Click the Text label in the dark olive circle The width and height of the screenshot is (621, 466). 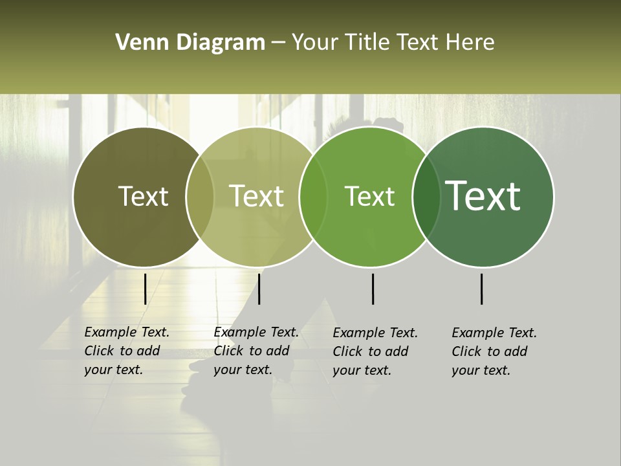pyautogui.click(x=143, y=196)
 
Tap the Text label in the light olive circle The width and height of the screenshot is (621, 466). pyautogui.click(x=257, y=196)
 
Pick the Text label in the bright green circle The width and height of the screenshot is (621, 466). pyautogui.click(x=370, y=196)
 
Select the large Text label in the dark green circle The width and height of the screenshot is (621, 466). pyautogui.click(x=483, y=196)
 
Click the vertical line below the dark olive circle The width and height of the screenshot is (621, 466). pyautogui.click(x=145, y=289)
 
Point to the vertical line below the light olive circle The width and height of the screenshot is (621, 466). pyautogui.click(x=259, y=289)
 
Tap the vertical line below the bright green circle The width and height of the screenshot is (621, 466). pyautogui.click(x=373, y=289)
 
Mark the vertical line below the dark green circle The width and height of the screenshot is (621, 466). pyautogui.click(x=482, y=289)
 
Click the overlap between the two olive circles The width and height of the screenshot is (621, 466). pyautogui.click(x=200, y=196)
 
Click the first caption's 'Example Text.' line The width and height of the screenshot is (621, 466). pyautogui.click(x=127, y=332)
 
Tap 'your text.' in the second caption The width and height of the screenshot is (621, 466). pyautogui.click(x=243, y=370)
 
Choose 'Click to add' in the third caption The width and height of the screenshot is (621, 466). pyautogui.click(x=371, y=351)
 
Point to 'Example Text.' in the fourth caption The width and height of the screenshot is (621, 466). pyautogui.click(x=494, y=333)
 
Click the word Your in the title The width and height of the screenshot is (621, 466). pyautogui.click(x=315, y=43)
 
